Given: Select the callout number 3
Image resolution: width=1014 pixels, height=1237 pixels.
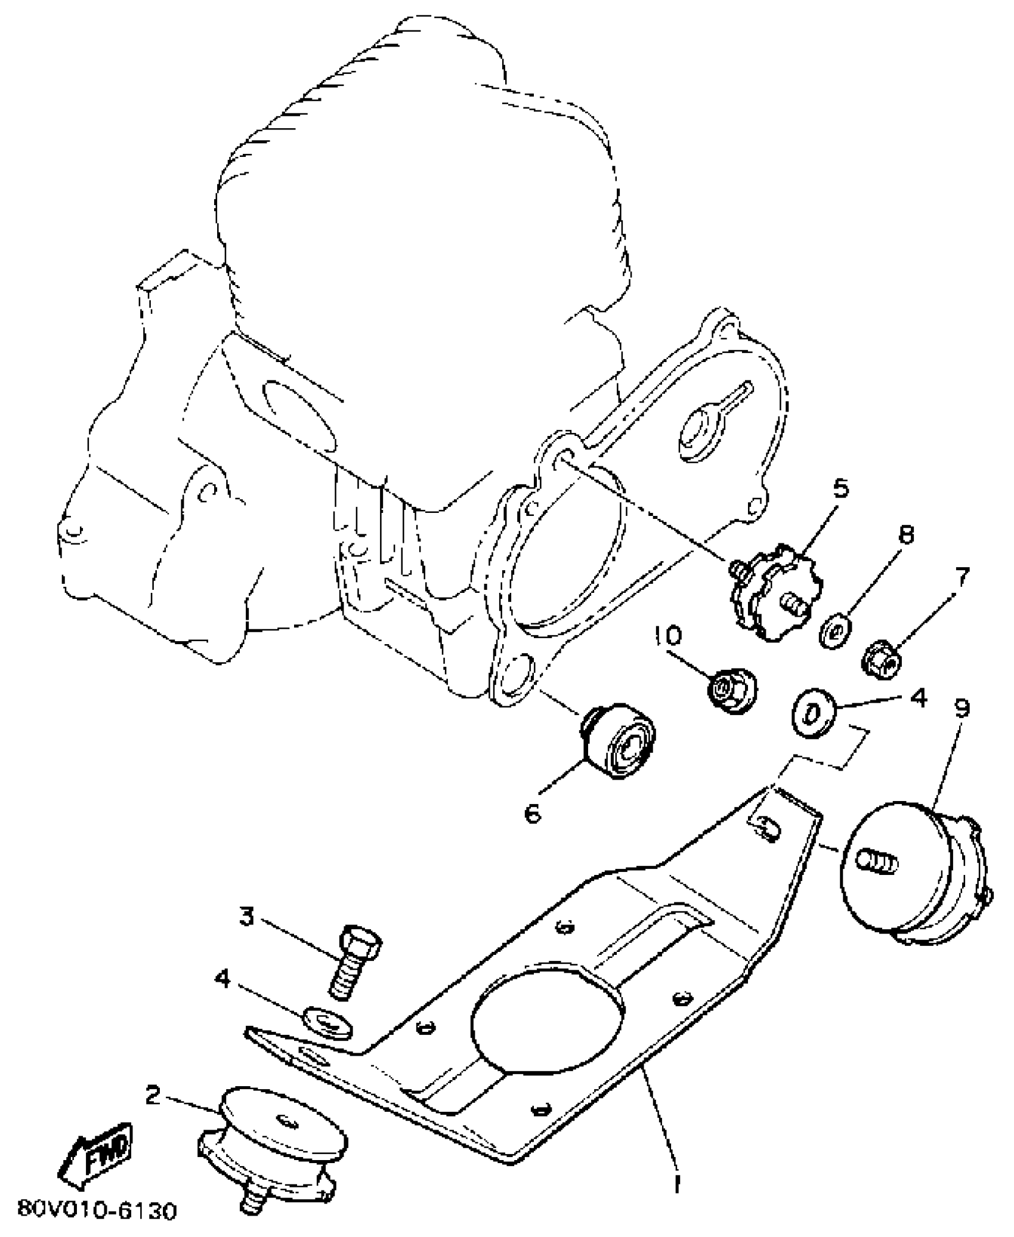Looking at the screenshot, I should (x=247, y=916).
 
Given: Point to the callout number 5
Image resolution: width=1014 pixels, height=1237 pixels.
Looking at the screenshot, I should (x=840, y=488).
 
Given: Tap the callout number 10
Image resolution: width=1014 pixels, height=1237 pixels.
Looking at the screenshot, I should (x=670, y=636).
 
